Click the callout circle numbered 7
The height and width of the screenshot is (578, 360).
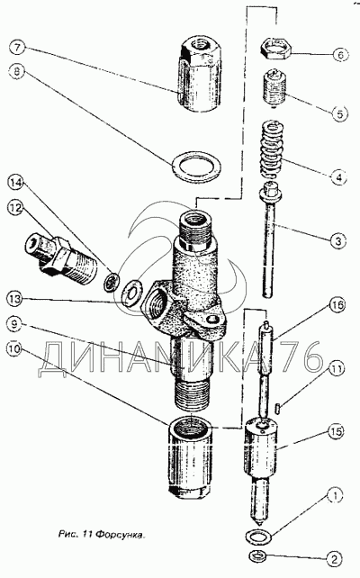pos(18,48)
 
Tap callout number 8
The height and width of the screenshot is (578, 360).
pos(17,71)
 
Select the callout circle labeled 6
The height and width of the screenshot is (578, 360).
pos(339,55)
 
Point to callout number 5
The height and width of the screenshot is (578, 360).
pos(338,113)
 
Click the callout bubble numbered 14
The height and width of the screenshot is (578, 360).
pos(16,183)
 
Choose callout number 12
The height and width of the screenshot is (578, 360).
pos(16,208)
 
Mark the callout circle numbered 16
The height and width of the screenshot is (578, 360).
pos(337,305)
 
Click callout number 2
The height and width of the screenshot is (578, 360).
pos(335,559)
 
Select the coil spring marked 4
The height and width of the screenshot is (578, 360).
pos(272,149)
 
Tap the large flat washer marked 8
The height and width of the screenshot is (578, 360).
pos(197,166)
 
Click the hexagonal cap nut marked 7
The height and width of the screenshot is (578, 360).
pos(201,74)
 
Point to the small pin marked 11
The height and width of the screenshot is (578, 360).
pos(279,408)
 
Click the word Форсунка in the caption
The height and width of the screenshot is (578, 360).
pos(121,534)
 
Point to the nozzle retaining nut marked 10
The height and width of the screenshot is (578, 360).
pos(191,456)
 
